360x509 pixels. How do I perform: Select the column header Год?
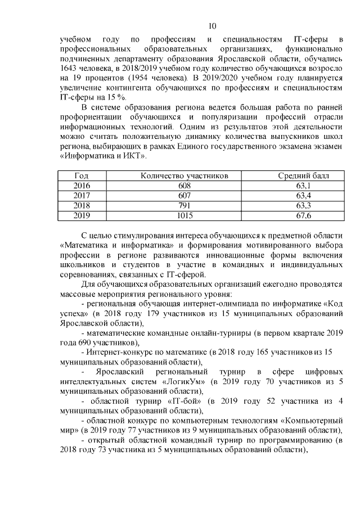pyautogui.click(x=81, y=176)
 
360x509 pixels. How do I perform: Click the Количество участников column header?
pyautogui.click(x=184, y=176)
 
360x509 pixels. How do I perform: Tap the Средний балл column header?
pyautogui.click(x=304, y=176)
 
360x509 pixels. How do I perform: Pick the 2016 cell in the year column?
pyautogui.click(x=82, y=186)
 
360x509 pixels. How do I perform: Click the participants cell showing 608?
pyautogui.click(x=184, y=186)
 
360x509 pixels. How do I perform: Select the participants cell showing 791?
pyautogui.click(x=184, y=205)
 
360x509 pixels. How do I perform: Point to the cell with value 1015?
pyautogui.click(x=184, y=215)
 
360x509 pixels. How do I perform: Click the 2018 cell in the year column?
pyautogui.click(x=82, y=205)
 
